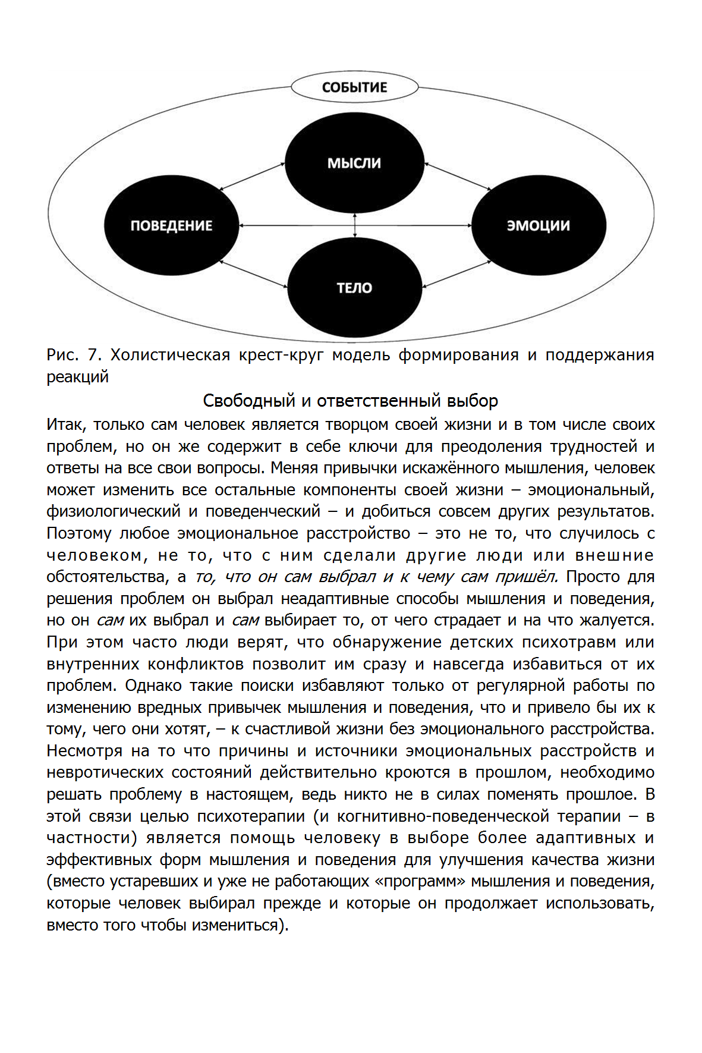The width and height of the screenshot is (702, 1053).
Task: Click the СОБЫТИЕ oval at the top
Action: [354, 87]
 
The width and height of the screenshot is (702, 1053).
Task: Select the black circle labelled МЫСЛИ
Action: [354, 163]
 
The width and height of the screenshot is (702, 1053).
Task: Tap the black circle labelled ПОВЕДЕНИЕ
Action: [171, 225]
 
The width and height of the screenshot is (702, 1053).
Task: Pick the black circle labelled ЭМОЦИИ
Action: [538, 225]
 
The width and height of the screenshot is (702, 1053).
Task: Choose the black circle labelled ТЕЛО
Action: [354, 288]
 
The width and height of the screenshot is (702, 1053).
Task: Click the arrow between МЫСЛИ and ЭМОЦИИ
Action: [458, 176]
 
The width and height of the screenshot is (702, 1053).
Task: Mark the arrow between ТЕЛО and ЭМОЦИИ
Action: [458, 275]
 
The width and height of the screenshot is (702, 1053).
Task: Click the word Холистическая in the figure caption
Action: [170, 355]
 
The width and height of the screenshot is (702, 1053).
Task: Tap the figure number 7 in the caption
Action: [93, 355]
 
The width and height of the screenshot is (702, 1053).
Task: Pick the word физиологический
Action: [114, 511]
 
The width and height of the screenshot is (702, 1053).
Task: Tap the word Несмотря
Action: [84, 751]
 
